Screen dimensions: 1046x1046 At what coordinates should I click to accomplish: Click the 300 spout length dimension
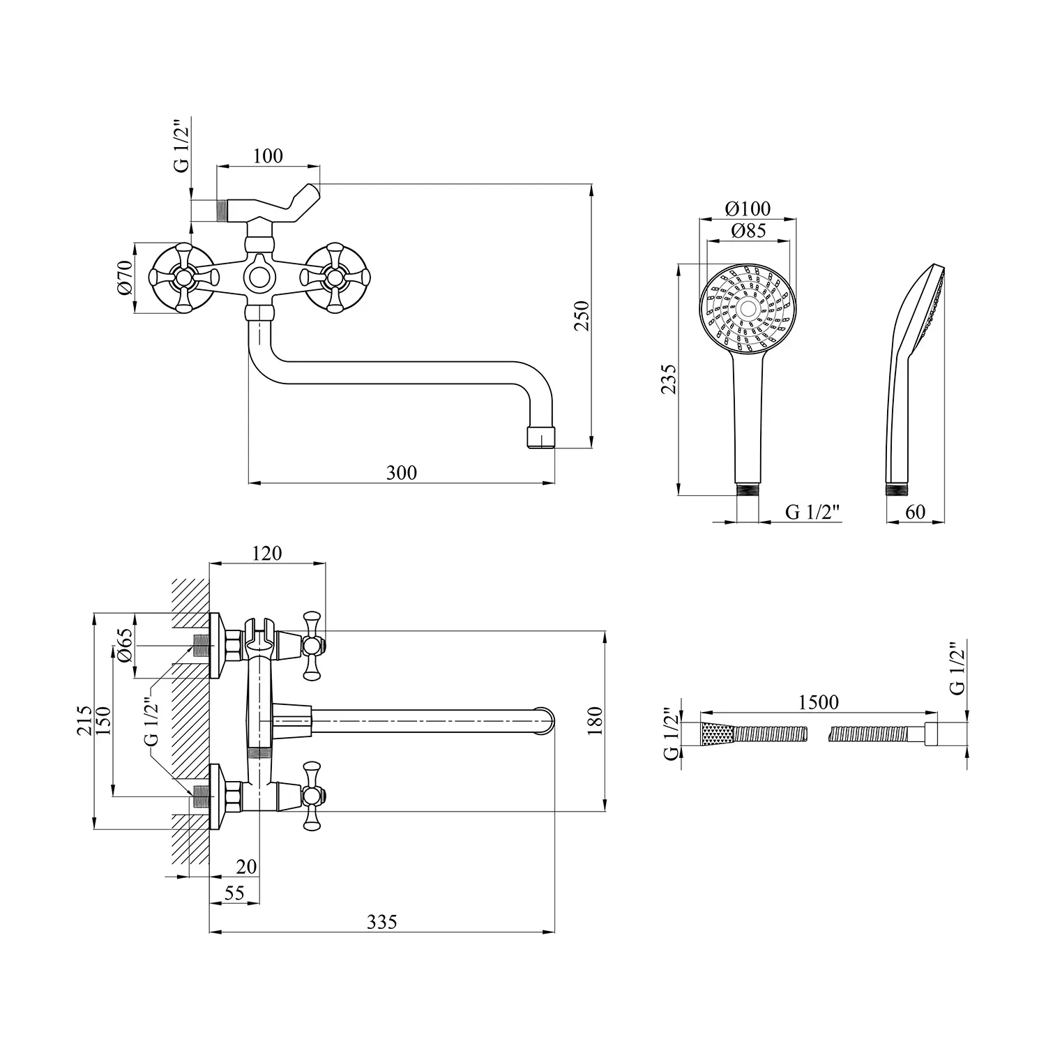point(402,473)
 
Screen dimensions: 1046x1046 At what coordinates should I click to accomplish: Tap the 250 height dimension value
point(582,315)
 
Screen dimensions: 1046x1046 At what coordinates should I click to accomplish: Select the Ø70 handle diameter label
point(125,278)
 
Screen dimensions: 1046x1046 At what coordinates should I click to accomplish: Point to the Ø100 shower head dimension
point(748,209)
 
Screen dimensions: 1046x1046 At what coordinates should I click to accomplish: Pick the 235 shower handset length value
point(668,379)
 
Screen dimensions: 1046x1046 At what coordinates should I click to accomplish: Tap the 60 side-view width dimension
point(915,512)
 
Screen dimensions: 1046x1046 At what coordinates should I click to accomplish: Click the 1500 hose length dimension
point(819,702)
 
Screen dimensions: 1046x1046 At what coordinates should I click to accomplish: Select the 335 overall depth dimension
point(382,922)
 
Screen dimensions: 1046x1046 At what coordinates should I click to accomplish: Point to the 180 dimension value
point(595,721)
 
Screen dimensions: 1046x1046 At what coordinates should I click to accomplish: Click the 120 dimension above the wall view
point(267,553)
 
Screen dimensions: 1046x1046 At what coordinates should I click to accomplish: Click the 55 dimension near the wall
point(234,893)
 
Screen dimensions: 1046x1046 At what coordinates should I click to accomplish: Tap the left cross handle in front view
point(183,278)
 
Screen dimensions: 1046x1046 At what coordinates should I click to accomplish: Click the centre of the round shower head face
point(748,309)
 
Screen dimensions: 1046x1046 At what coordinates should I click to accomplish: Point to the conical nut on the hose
point(718,734)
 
